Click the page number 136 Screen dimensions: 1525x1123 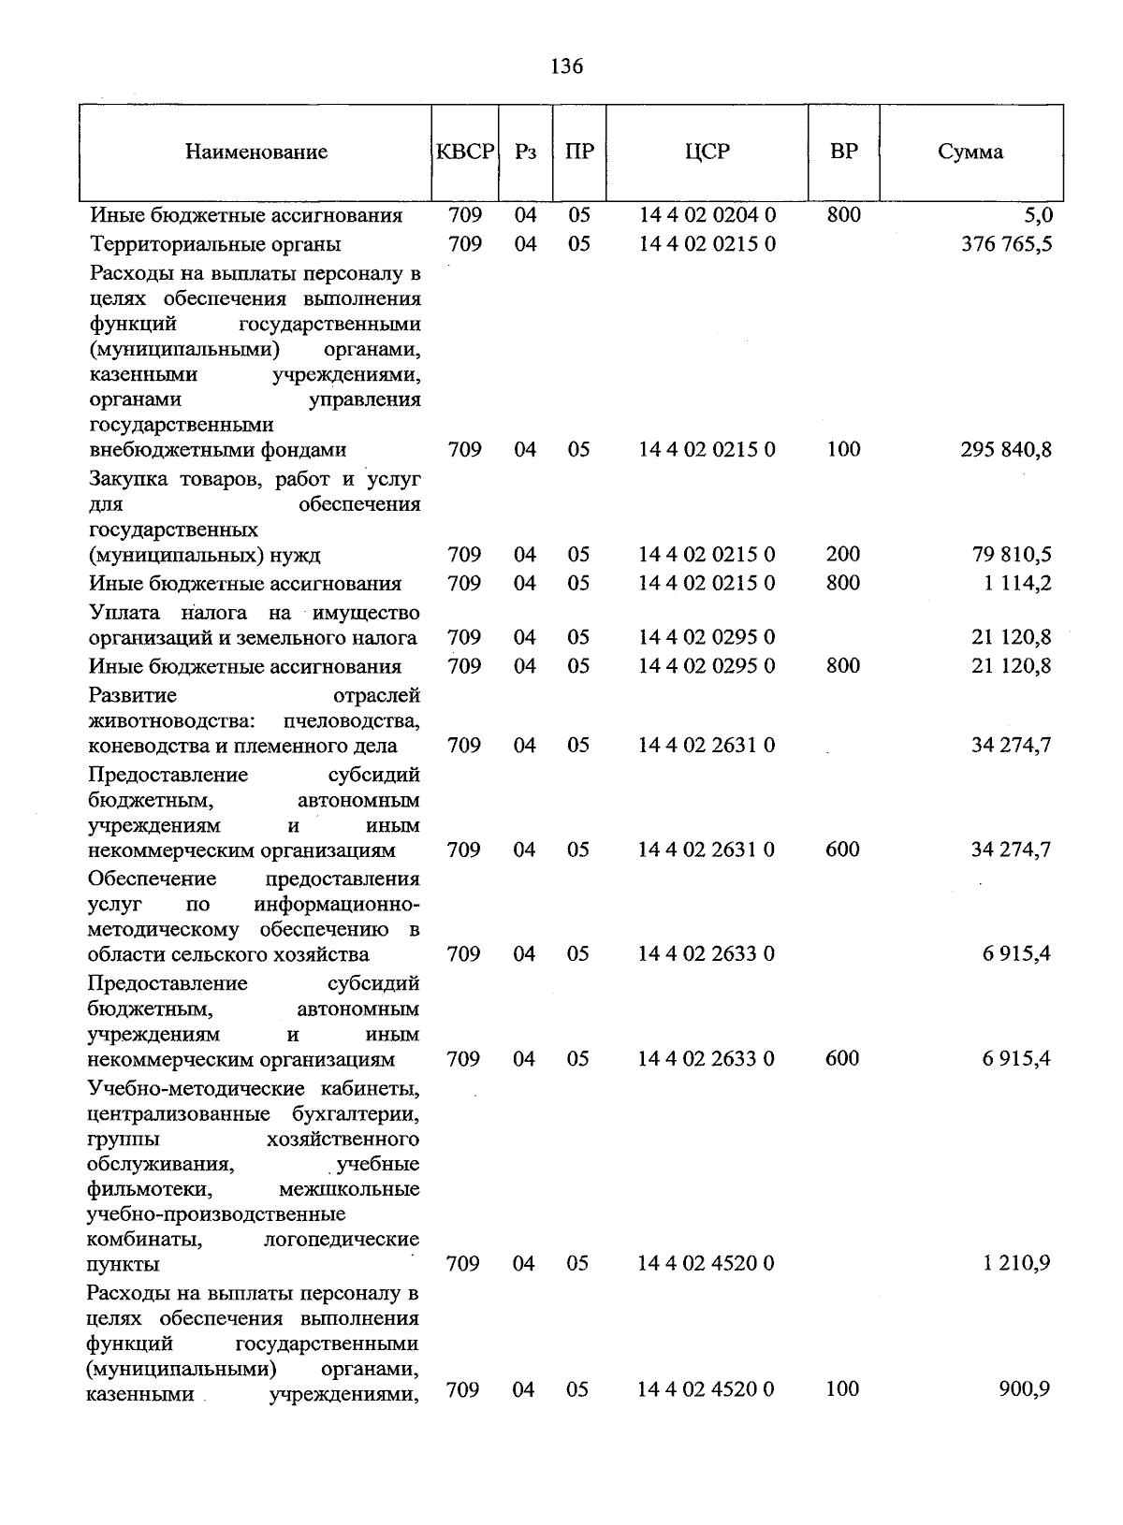tap(567, 66)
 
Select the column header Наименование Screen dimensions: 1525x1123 tap(255, 152)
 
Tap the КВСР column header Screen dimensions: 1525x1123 tap(465, 152)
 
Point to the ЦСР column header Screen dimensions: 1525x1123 tap(707, 152)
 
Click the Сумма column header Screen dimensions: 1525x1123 tap(970, 152)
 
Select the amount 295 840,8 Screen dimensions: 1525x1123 tap(1006, 450)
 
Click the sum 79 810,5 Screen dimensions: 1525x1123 tap(1012, 555)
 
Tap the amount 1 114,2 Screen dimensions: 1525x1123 tap(1017, 583)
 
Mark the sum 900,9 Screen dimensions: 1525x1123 tap(1026, 1389)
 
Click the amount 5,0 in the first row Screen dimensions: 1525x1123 tap(1039, 216)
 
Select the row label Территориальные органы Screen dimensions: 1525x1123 tap(215, 244)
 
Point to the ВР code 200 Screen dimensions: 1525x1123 tap(843, 554)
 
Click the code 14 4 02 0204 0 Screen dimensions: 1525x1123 tap(707, 215)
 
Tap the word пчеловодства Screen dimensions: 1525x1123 tap(350, 720)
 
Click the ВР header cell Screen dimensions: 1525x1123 tap(843, 152)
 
